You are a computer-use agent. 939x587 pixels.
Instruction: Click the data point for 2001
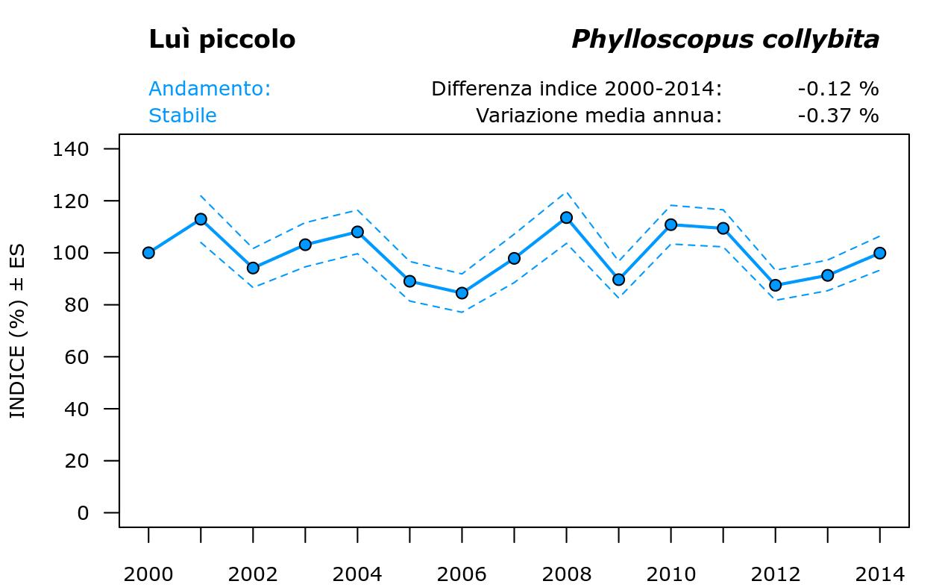click(201, 219)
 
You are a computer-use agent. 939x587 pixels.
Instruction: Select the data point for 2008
click(566, 218)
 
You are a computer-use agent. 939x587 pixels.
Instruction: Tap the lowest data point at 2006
click(462, 293)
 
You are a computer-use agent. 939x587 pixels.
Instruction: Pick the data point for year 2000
click(148, 253)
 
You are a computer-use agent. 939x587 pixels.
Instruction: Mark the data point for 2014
click(879, 253)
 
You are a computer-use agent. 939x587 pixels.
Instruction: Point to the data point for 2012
click(775, 285)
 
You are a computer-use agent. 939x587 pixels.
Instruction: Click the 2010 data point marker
click(671, 225)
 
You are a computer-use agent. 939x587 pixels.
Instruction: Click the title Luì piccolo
click(222, 40)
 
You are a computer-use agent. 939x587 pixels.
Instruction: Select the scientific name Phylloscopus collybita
click(725, 40)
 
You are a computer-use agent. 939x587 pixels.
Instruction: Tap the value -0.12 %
click(838, 89)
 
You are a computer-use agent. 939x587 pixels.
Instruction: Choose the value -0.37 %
click(838, 116)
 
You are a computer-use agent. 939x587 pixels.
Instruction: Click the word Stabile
click(183, 116)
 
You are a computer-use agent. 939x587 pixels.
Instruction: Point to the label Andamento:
click(210, 89)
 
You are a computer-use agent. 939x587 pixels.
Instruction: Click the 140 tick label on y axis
click(71, 149)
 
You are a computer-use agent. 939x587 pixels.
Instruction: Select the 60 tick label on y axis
click(77, 357)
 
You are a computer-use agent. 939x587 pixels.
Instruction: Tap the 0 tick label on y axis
click(82, 513)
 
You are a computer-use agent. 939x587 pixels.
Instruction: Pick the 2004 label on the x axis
click(357, 574)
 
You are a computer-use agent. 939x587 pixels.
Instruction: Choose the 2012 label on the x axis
click(775, 574)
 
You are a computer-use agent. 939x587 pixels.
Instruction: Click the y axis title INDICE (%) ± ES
click(17, 330)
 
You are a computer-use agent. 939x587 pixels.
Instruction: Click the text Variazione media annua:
click(599, 116)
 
